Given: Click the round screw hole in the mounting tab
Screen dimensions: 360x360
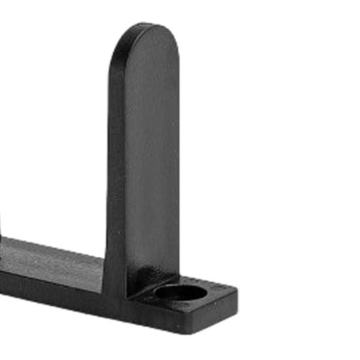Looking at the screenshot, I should tap(180, 293).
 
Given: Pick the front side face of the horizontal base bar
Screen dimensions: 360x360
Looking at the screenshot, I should tap(52, 287).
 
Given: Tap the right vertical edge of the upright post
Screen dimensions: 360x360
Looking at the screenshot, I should tap(177, 163).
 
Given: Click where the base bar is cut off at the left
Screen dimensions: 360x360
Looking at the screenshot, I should tap(3, 268).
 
